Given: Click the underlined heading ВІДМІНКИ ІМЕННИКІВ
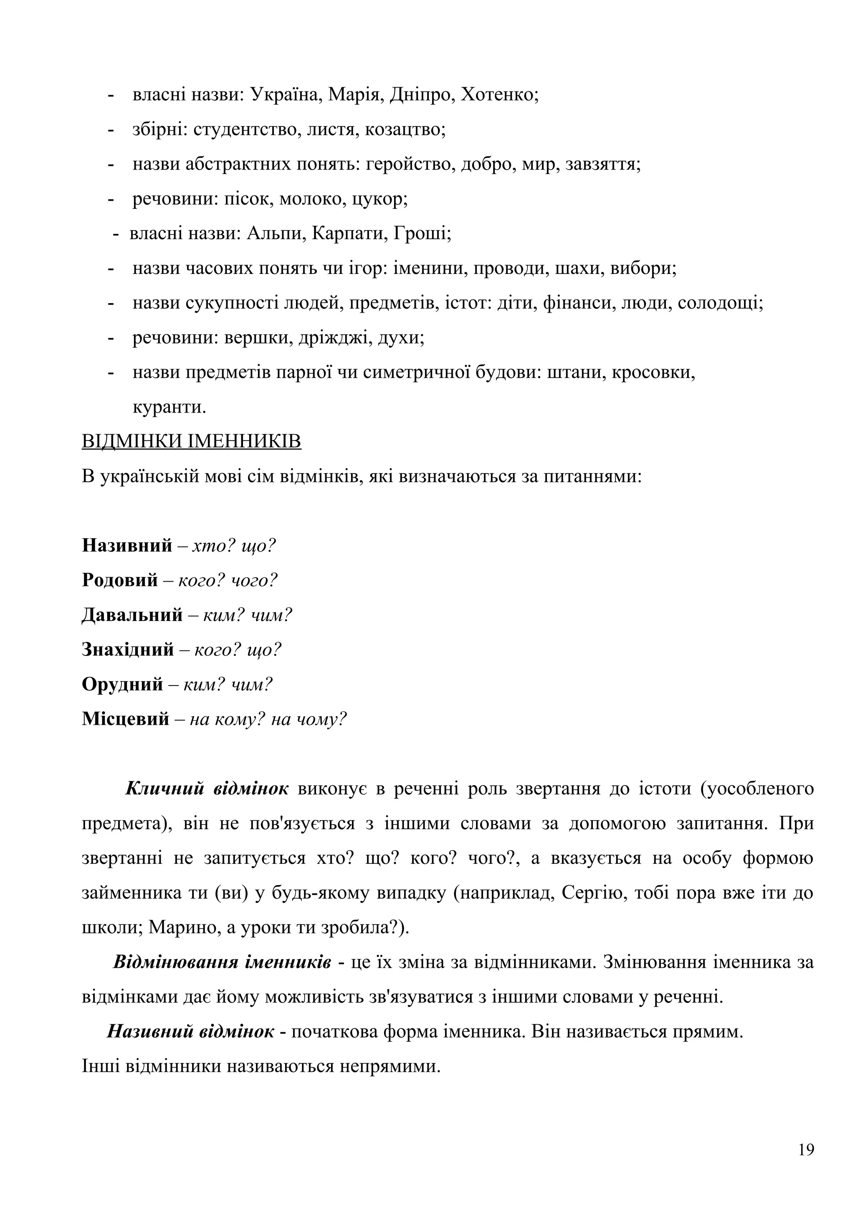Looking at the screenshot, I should click(191, 441).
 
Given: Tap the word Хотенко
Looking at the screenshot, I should click(499, 95).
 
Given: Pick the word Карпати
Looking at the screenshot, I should click(349, 233).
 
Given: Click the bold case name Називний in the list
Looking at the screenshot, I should click(127, 545).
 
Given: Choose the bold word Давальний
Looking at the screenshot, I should click(132, 615).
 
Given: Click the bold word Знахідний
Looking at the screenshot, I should click(127, 650).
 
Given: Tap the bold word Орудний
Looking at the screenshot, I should click(122, 685).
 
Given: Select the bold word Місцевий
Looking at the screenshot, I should click(125, 719).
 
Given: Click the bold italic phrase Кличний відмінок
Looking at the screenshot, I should click(207, 789).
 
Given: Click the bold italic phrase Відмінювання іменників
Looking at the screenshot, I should click(222, 962).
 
